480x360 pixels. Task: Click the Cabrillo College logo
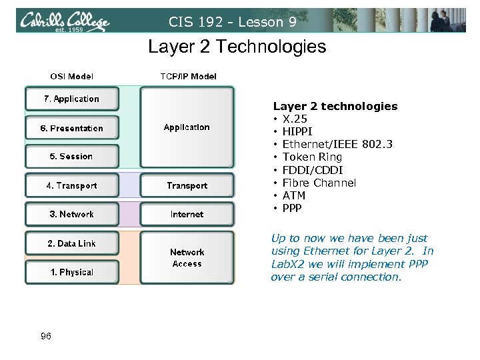pyautogui.click(x=65, y=21)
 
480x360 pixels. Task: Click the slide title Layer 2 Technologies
pyautogui.click(x=237, y=47)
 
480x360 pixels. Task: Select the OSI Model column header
pyautogui.click(x=72, y=77)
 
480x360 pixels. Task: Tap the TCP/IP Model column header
pyautogui.click(x=188, y=77)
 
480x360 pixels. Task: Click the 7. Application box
pyautogui.click(x=71, y=99)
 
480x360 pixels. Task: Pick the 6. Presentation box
pyautogui.click(x=71, y=128)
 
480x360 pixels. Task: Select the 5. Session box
pyautogui.click(x=71, y=157)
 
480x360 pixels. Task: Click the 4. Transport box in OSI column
pyautogui.click(x=71, y=186)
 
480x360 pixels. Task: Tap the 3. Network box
pyautogui.click(x=71, y=215)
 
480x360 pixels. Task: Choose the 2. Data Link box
pyautogui.click(x=71, y=244)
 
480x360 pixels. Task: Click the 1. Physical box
pyautogui.click(x=71, y=272)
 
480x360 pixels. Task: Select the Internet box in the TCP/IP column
pyautogui.click(x=187, y=215)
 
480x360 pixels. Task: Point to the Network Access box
pyautogui.click(x=187, y=258)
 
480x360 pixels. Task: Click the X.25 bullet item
pyautogui.click(x=294, y=119)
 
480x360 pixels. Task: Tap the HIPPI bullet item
pyautogui.click(x=297, y=132)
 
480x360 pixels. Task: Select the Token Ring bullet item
pyautogui.click(x=312, y=157)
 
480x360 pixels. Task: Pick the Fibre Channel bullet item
pyautogui.click(x=319, y=183)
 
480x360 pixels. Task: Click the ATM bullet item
pyautogui.click(x=293, y=195)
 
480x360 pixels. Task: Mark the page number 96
pyautogui.click(x=45, y=337)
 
